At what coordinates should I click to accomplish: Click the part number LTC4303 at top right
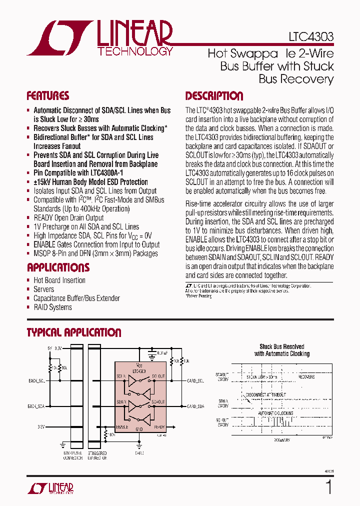310,37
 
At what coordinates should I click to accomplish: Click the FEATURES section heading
48,96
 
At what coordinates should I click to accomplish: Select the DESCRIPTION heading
214,96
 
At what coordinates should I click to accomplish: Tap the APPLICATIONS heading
58,267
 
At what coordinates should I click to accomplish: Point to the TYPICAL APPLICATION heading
73,332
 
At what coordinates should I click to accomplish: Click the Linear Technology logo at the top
100,38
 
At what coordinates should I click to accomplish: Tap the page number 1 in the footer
328,487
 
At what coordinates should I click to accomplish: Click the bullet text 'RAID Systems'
52,307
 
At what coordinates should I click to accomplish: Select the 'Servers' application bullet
43,289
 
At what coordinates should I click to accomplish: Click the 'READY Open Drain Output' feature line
68,217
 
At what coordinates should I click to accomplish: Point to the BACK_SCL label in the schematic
36,381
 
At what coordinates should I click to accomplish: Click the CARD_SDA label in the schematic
195,406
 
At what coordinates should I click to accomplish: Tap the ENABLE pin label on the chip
122,427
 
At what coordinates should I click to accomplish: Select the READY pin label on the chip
159,427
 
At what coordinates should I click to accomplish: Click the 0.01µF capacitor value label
162,352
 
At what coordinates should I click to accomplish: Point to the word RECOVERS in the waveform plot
306,376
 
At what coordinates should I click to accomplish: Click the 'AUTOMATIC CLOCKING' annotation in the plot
275,414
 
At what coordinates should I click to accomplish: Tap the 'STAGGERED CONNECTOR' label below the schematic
97,456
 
